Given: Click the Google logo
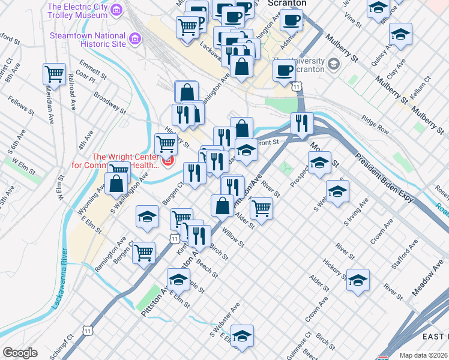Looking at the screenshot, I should coord(20,353).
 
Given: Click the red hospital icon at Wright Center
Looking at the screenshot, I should coord(169,161).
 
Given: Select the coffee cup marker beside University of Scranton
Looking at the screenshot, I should coord(284,70).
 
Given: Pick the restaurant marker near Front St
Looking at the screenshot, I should coord(301,123).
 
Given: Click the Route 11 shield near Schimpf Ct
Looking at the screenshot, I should coord(88,331).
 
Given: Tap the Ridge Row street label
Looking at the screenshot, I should coord(375,127).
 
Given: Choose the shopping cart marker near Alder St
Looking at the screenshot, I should coord(261,208).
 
